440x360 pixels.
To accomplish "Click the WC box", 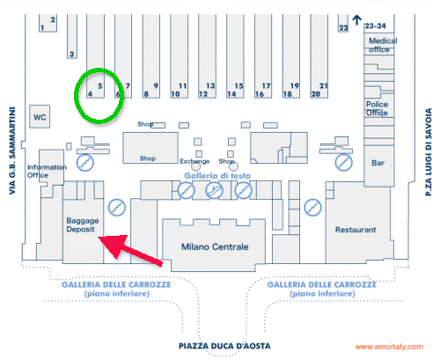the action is point(40,116).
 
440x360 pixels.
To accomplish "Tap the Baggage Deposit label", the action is point(83,224).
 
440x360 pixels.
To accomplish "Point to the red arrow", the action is point(130,250).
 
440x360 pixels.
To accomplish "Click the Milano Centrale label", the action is point(215,246).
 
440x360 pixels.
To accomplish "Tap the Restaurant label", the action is point(356,230).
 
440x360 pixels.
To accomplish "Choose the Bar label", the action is point(378,163).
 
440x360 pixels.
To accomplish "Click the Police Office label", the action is point(377,108).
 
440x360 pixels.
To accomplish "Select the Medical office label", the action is point(383,45).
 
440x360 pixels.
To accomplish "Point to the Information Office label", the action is point(47,171).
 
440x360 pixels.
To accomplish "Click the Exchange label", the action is point(194,161).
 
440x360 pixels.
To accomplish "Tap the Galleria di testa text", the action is point(217,176).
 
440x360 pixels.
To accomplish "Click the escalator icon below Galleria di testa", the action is point(215,190).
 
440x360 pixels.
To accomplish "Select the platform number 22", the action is point(343,28).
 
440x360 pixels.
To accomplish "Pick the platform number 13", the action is point(210,86).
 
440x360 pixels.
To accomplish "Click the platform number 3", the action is point(71,55).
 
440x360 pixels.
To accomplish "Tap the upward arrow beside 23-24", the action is point(356,20).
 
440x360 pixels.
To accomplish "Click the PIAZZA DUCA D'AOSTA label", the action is point(224,346).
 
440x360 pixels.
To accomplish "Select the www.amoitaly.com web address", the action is point(389,347).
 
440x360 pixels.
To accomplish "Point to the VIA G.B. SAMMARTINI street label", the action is point(12,151).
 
